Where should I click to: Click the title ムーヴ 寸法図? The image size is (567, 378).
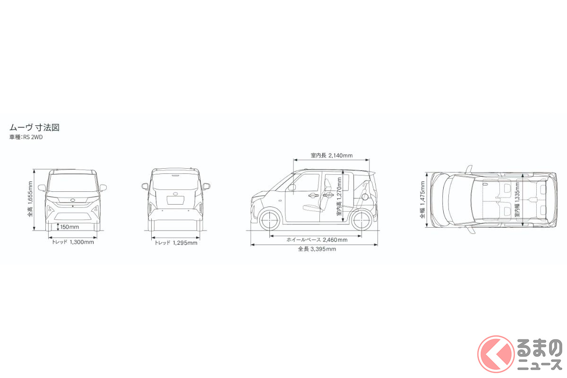[34, 128]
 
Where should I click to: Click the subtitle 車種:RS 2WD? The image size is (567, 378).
[26, 137]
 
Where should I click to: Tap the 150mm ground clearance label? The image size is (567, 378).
[69, 227]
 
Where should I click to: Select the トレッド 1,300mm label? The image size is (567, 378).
[73, 242]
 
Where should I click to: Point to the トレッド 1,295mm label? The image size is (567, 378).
[176, 243]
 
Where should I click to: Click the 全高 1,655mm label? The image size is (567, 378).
[30, 199]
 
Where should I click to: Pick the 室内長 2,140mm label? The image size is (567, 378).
[332, 155]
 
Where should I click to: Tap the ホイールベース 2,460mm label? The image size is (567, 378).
[317, 240]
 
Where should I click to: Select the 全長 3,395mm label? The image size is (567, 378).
[317, 249]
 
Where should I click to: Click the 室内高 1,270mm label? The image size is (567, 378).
[339, 197]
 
